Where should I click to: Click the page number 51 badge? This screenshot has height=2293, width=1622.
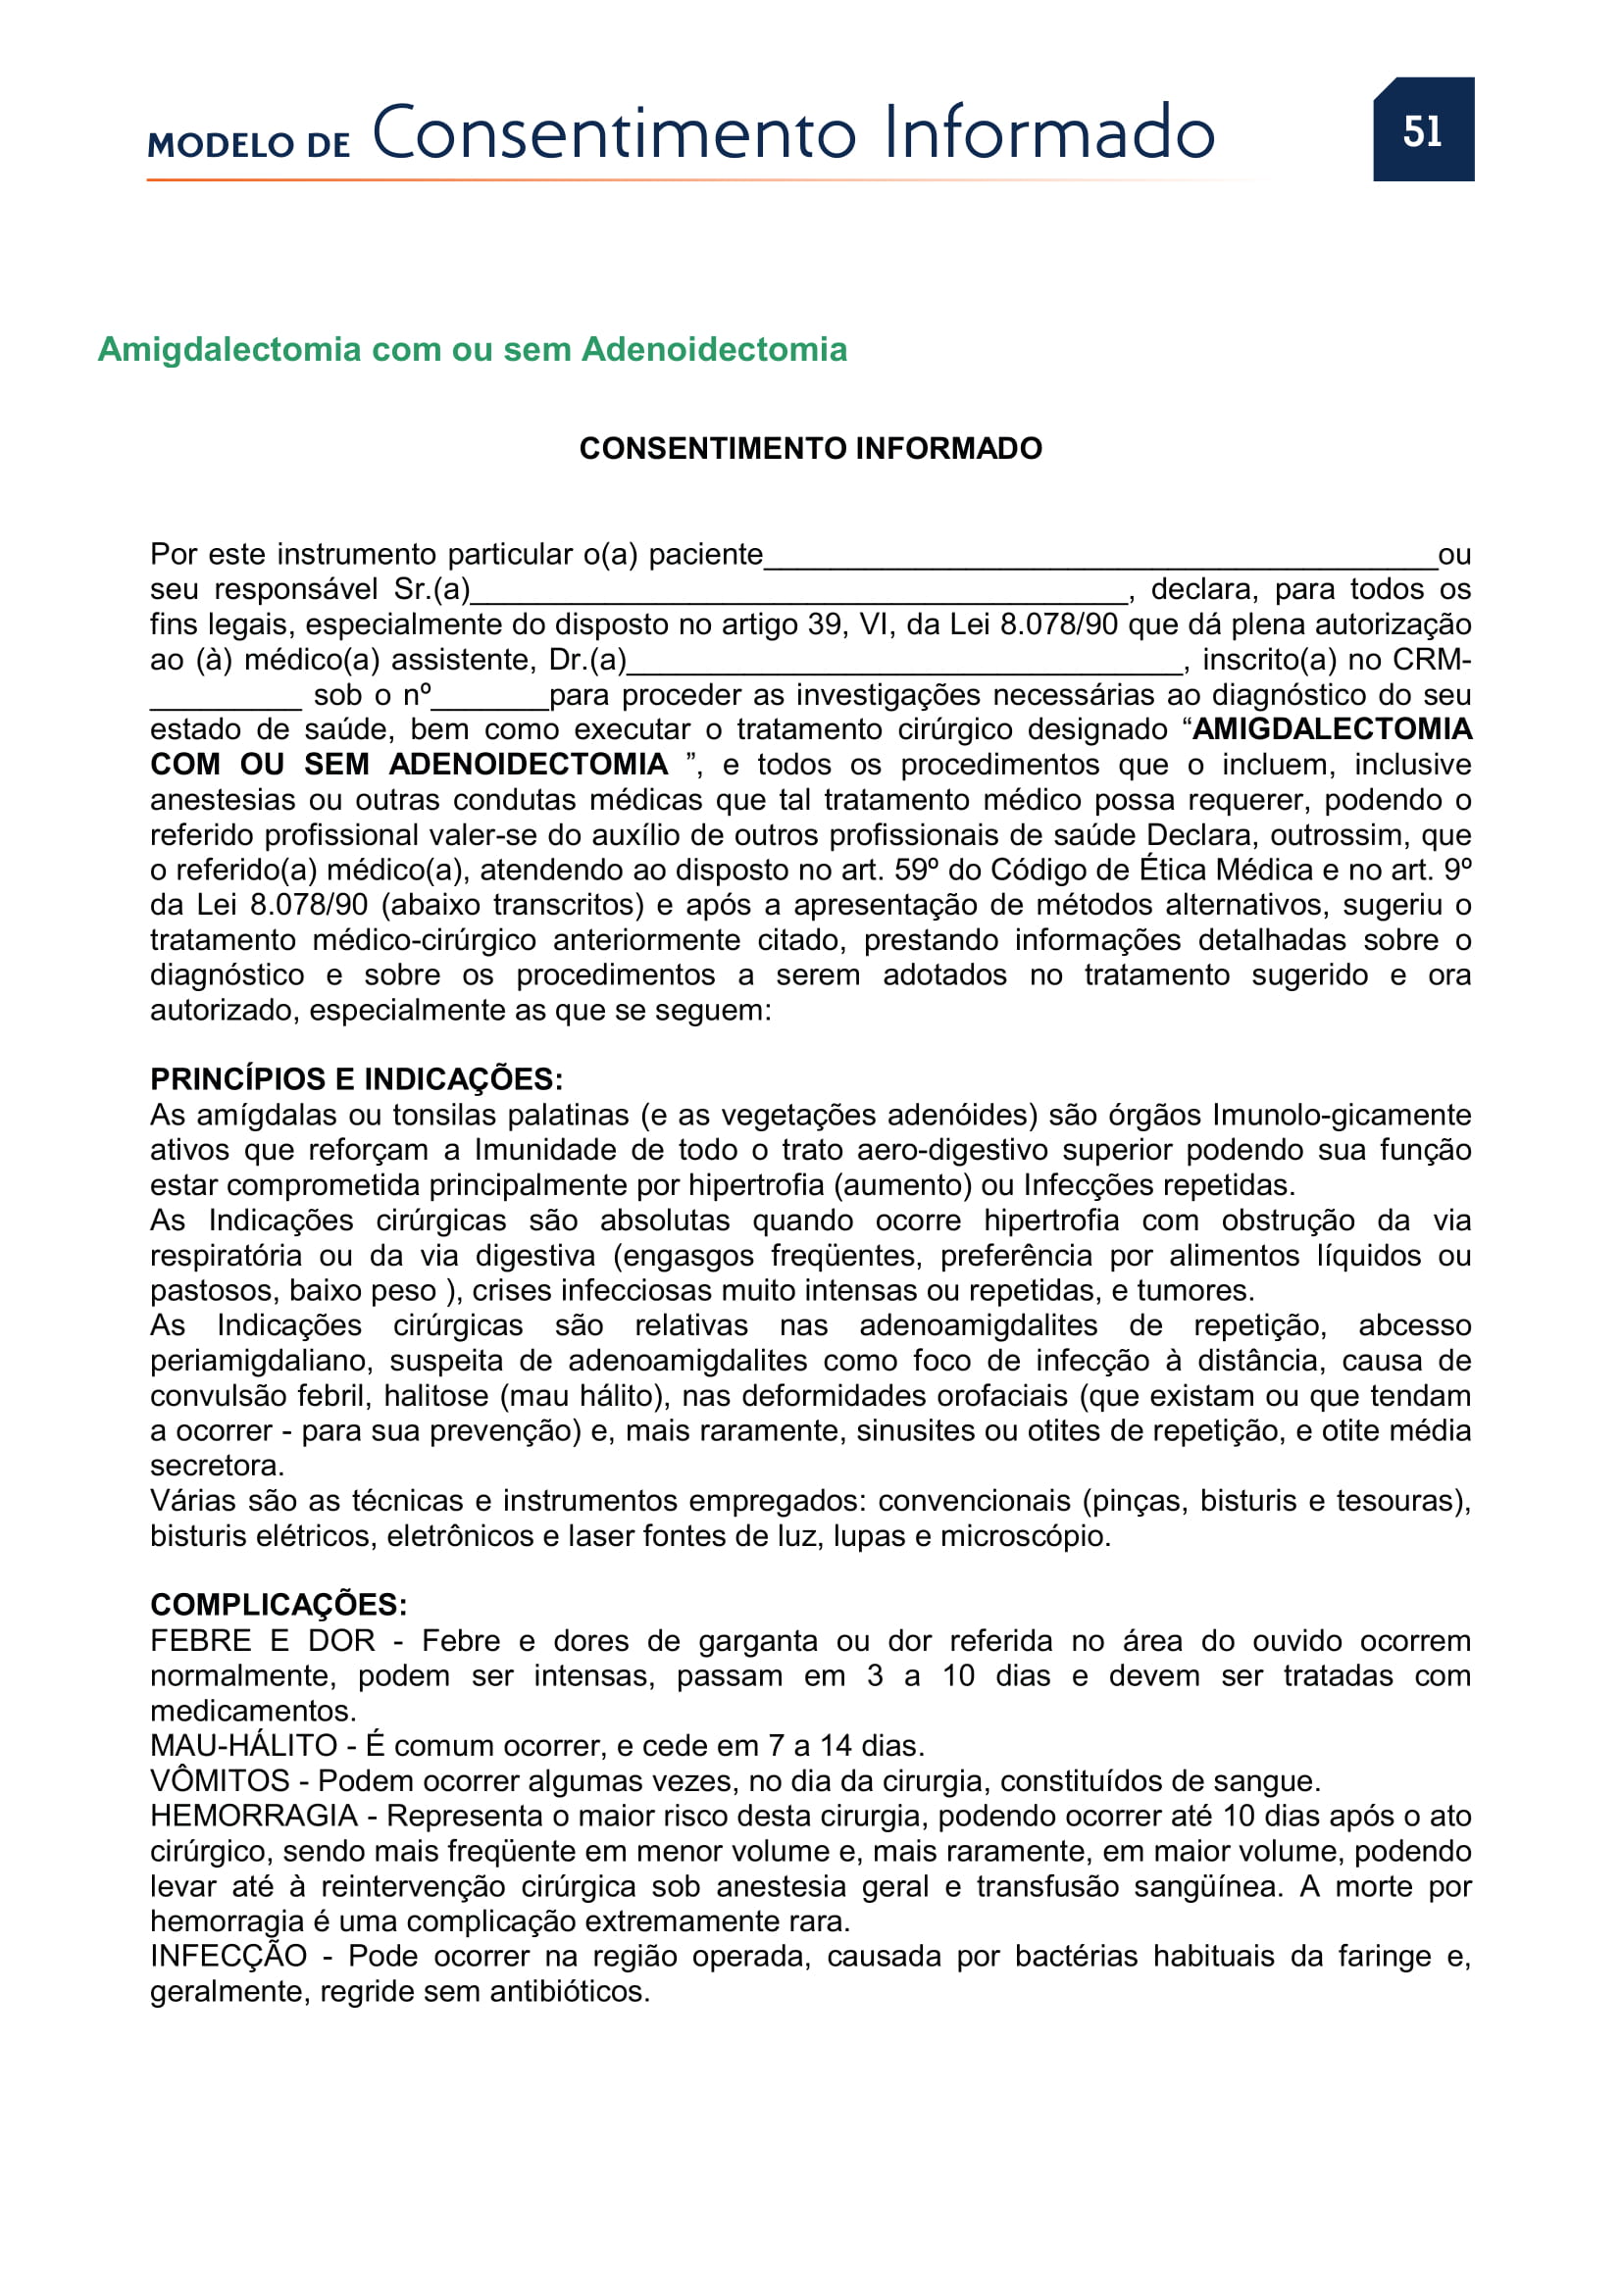[x=1422, y=130]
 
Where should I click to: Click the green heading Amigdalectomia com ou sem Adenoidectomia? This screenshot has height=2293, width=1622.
[x=473, y=350]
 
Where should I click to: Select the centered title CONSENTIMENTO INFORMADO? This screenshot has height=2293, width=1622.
[x=810, y=448]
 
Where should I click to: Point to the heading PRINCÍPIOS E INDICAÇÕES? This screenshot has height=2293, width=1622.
[x=357, y=1079]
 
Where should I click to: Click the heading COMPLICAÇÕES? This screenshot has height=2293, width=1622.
[x=279, y=1605]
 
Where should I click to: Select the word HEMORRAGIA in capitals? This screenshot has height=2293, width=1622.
[x=254, y=1816]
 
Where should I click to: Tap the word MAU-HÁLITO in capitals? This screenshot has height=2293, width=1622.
[x=244, y=1746]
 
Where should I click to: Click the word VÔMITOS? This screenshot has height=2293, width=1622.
[x=220, y=1780]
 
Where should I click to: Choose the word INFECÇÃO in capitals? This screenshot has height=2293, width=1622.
[x=228, y=1957]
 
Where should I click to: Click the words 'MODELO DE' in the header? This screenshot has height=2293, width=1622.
[x=249, y=145]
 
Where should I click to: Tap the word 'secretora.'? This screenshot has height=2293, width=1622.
[x=218, y=1466]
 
